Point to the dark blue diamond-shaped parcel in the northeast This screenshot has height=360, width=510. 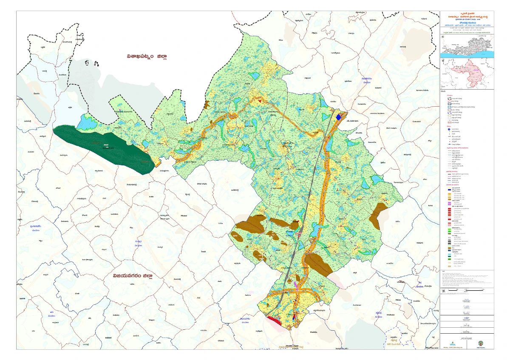(339, 117)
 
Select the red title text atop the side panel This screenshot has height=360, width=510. (467, 16)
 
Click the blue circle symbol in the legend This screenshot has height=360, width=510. (449, 129)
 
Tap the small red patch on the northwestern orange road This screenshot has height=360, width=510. (259, 100)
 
